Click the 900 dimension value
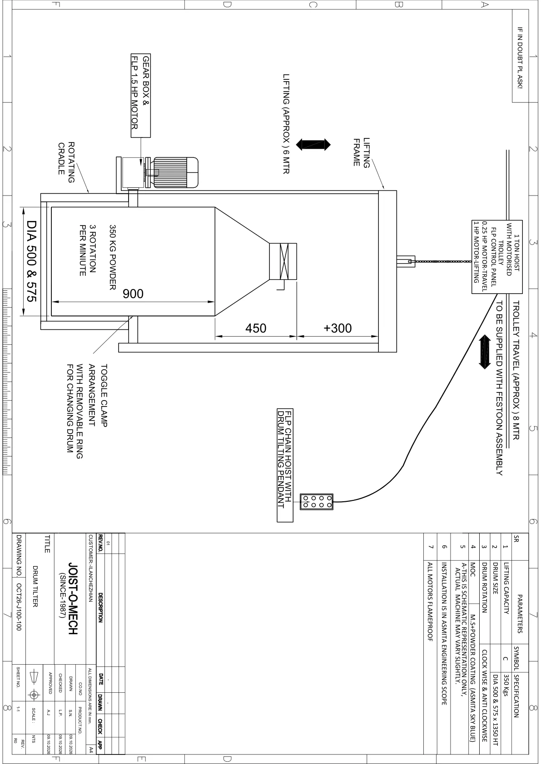(133, 294)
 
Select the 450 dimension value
(256, 328)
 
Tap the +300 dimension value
(338, 328)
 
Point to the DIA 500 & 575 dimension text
(31, 261)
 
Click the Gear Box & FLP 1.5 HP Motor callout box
(141, 95)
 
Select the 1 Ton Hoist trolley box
(497, 257)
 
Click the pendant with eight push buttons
(316, 502)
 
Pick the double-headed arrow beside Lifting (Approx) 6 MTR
(313, 145)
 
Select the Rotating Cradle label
(66, 162)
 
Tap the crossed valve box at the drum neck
(283, 261)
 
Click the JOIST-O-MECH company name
(73, 598)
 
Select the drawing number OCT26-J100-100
(19, 607)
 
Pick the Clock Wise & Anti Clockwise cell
(485, 696)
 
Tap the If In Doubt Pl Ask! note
(520, 58)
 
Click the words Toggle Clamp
(104, 396)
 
